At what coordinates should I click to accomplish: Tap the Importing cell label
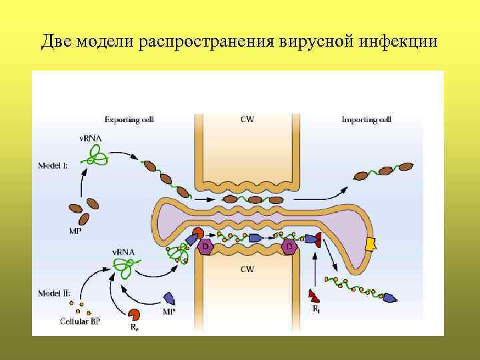367,120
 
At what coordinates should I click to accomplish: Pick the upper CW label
247,120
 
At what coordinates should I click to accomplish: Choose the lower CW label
247,270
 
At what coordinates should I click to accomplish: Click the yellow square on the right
371,244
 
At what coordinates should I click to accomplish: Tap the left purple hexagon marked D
205,247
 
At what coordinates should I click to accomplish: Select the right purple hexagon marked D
289,247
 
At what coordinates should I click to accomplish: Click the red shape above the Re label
134,315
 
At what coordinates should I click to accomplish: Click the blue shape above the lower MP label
169,298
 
